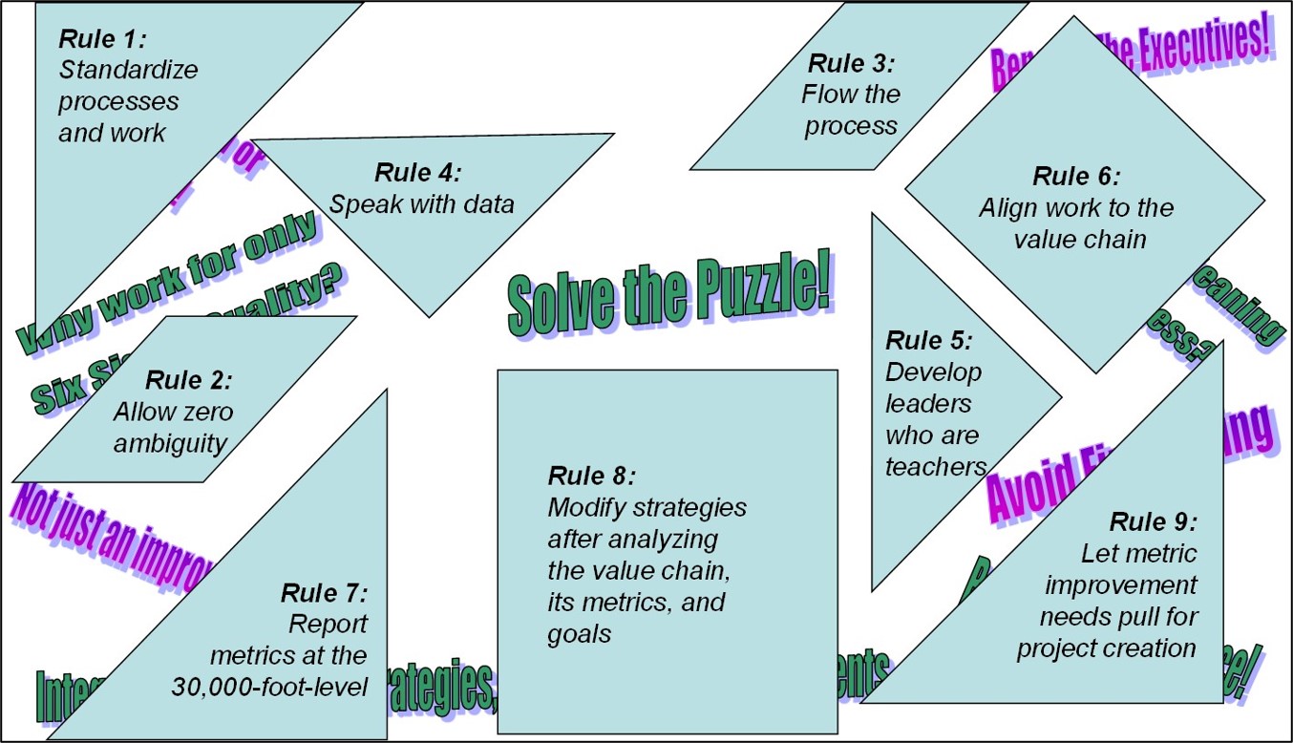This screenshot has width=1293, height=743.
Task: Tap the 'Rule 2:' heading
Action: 189,380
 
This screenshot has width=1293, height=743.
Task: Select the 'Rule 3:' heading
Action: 852,64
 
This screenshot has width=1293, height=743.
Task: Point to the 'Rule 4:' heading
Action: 418,173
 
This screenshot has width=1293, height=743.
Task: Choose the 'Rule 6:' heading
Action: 1076,177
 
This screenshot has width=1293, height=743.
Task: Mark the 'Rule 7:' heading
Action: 325,592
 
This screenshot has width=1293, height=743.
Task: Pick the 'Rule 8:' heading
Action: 592,475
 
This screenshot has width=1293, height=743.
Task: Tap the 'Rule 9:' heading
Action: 1153,521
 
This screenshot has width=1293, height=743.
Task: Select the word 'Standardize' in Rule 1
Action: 128,70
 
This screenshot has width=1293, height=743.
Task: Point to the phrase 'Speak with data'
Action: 421,204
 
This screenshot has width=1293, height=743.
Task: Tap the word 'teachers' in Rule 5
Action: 935,467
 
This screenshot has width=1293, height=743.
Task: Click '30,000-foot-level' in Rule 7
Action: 270,687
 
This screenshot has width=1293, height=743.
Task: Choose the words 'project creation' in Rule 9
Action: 1106,647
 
